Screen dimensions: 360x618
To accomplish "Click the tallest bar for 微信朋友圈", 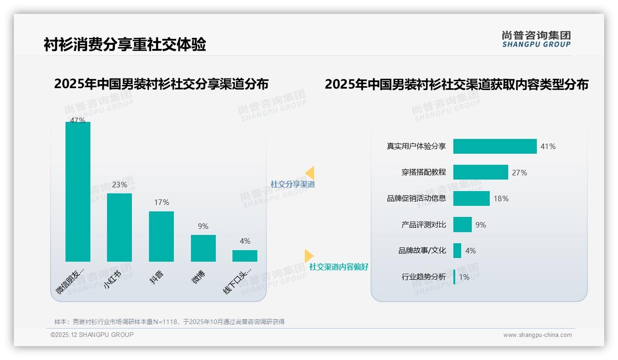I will click(x=78, y=192).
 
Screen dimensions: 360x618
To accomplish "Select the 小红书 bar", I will click(x=119, y=228).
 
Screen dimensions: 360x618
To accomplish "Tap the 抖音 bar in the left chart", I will click(x=161, y=236).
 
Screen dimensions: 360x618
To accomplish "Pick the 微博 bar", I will click(x=203, y=248).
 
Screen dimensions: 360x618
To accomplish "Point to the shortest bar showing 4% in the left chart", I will click(x=245, y=256).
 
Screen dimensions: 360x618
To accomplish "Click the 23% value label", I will click(x=119, y=185).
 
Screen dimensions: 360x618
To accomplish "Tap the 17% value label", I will click(x=161, y=203).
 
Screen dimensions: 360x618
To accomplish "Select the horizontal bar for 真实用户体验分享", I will click(x=495, y=146).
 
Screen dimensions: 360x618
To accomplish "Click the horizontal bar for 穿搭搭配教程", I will click(x=481, y=172).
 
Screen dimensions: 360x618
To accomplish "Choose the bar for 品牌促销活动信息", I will click(x=471, y=198).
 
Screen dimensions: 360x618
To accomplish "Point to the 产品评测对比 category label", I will click(x=423, y=225).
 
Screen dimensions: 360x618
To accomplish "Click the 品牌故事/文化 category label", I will click(x=422, y=251).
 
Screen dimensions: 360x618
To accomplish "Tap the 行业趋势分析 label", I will click(x=423, y=277).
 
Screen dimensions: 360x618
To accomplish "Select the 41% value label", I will click(x=548, y=147).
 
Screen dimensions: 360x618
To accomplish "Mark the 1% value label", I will click(x=464, y=277).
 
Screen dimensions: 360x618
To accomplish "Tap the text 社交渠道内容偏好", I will click(x=339, y=267).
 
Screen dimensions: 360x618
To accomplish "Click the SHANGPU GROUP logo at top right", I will click(x=536, y=39).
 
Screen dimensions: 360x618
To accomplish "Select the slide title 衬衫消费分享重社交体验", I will click(x=125, y=45).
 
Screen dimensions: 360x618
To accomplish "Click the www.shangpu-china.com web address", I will click(x=537, y=335).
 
